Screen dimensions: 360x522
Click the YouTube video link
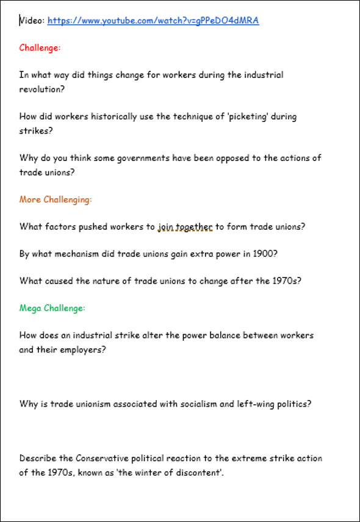pyautogui.click(x=153, y=21)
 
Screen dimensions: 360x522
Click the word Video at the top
pyautogui.click(x=31, y=21)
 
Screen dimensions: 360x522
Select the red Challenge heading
pyautogui.click(x=40, y=48)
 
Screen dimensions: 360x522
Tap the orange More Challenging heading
pyautogui.click(x=56, y=199)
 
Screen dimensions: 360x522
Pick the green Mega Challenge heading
pyautogui.click(x=52, y=308)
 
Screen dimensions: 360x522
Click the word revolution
pyautogui.click(x=41, y=88)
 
